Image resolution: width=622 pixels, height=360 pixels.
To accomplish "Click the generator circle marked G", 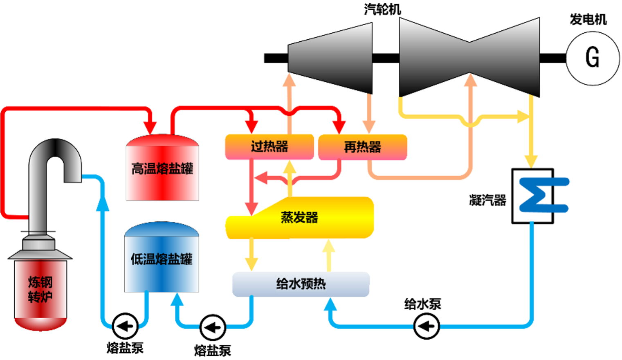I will coord(593,58).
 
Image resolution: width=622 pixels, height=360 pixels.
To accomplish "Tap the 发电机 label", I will coord(588,19).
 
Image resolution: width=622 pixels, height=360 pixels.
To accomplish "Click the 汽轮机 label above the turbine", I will coord(382,9).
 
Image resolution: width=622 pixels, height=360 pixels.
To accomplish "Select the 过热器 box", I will coord(269,146).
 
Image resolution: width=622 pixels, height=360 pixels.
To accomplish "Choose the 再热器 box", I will coord(362,147).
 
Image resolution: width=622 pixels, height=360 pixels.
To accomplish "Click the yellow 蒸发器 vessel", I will coord(300,218).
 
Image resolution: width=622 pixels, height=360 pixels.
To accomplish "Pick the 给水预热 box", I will coord(301,284).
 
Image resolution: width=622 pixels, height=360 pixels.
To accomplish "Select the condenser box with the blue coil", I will coord(533,196).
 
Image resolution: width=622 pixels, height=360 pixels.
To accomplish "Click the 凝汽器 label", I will coord(487,200).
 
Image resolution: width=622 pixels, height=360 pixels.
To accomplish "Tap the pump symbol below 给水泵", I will coord(426,326).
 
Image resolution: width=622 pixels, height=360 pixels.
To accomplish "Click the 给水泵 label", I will coord(422,304).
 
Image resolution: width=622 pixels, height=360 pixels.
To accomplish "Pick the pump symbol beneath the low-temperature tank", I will coord(125,326).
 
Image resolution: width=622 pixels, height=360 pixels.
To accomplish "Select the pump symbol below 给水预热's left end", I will coord(213,327).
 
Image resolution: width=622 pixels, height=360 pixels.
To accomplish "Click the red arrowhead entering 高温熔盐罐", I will coord(151,127).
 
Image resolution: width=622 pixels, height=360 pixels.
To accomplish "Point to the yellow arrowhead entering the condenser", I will coord(531,162).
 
